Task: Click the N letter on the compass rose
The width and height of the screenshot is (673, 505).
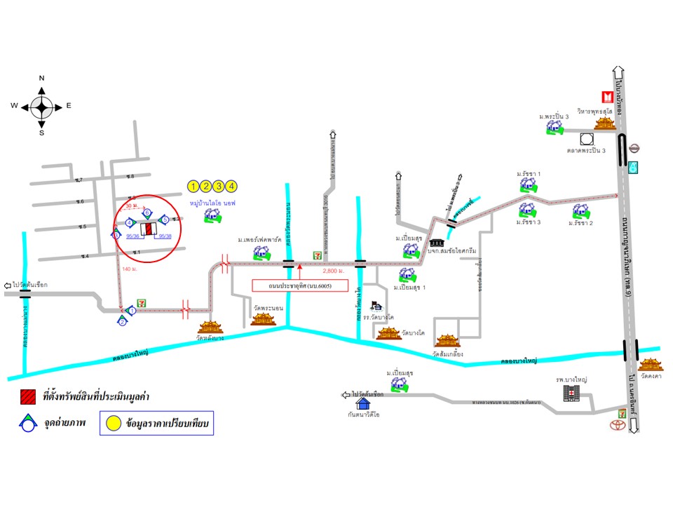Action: click(x=41, y=78)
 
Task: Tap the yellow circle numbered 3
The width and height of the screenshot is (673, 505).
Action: click(x=219, y=186)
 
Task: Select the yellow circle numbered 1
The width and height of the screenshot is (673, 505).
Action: click(x=193, y=186)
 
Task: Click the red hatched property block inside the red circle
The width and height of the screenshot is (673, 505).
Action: click(x=148, y=229)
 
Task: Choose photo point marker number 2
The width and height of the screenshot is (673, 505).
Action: click(x=122, y=321)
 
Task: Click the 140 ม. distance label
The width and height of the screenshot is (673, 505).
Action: click(x=130, y=269)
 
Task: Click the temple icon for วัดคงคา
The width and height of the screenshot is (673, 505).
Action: click(x=650, y=364)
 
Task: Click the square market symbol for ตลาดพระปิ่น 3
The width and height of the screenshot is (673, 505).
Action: click(x=586, y=139)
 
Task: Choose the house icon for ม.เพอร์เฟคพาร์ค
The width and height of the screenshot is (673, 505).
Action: click(x=259, y=251)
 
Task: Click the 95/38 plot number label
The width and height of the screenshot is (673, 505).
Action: click(x=165, y=236)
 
